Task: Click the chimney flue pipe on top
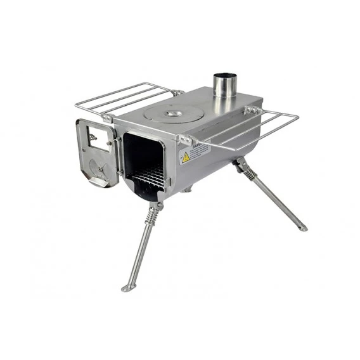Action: pos(224,85)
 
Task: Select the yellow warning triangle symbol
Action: pos(186,156)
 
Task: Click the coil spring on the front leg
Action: pos(151,215)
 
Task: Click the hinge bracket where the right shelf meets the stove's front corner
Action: pos(183,139)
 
